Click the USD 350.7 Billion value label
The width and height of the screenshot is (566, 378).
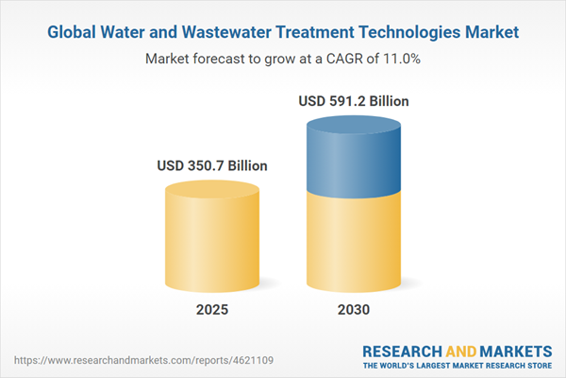[x=211, y=165]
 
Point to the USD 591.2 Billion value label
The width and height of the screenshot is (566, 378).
[x=353, y=100]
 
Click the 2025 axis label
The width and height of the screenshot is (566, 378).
[x=211, y=310]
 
